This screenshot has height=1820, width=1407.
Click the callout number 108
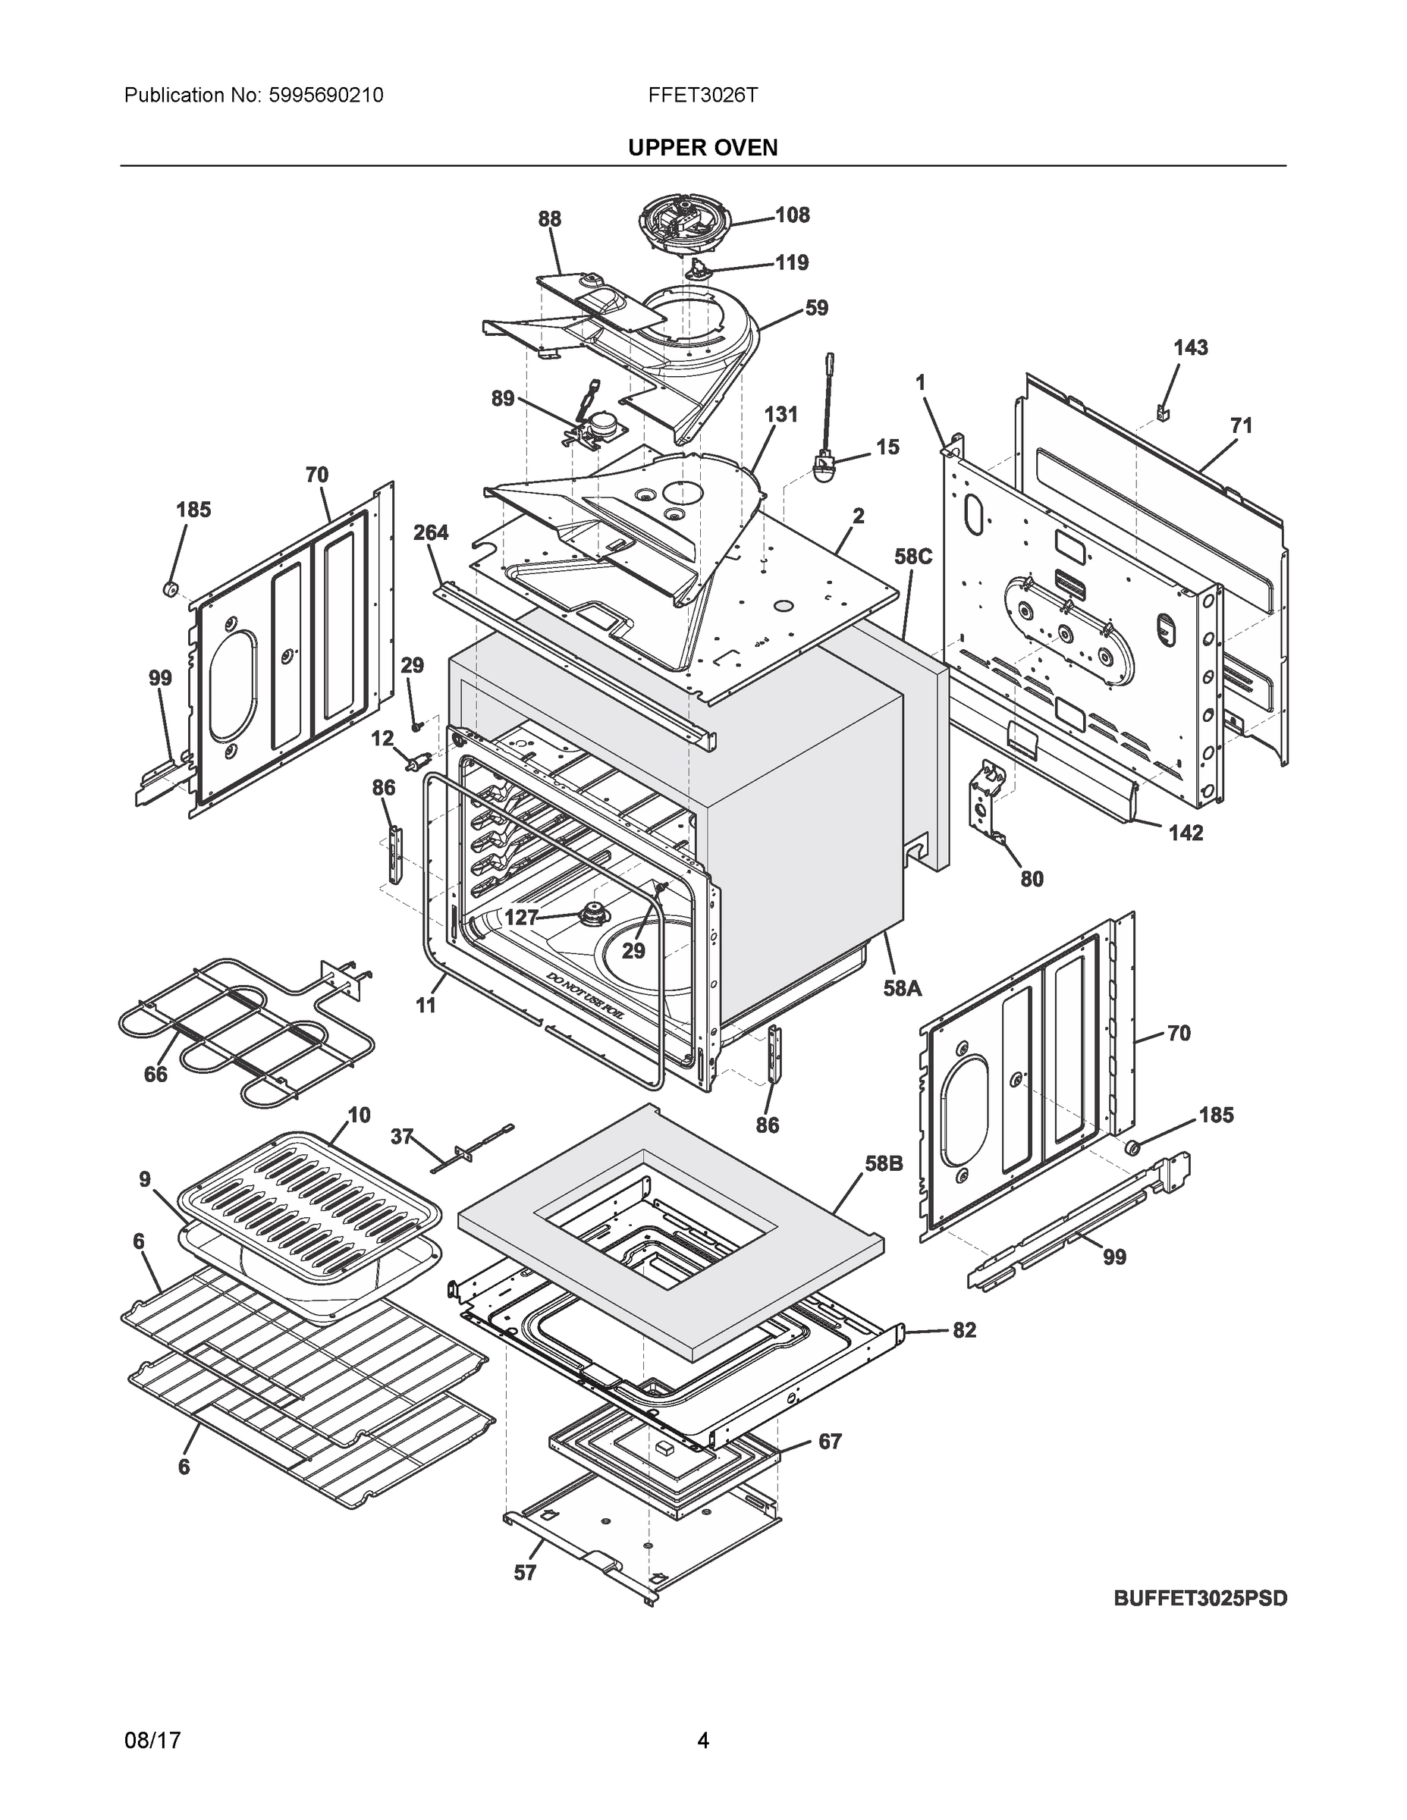tap(792, 215)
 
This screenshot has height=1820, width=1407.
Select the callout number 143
tap(1190, 347)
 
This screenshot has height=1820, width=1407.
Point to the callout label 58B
tap(884, 1163)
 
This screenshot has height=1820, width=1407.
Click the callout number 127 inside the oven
tap(522, 918)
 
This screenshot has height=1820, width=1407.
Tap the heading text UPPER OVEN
tap(702, 148)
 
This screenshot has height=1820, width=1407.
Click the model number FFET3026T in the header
tap(702, 95)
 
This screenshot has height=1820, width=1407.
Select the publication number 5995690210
tap(326, 95)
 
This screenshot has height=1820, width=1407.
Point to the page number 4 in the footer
tap(702, 1741)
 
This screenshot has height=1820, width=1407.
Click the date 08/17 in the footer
tap(152, 1741)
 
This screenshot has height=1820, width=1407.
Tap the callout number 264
tap(431, 532)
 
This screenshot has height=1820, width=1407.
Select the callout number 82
tap(963, 1330)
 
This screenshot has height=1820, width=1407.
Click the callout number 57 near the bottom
tap(524, 1573)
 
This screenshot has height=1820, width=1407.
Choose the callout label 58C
tap(912, 557)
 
